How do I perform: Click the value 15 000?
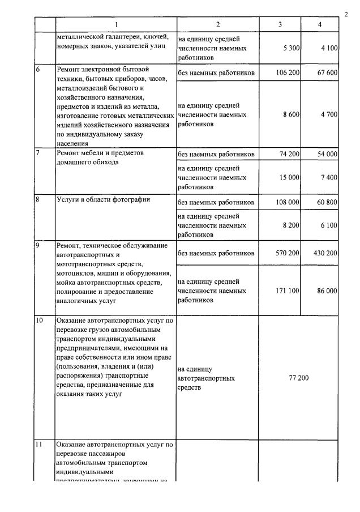coord(289,178)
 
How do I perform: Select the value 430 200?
coord(324,253)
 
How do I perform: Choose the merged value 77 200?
coord(298,377)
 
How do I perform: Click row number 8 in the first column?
coord(37,199)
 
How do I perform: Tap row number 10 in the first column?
coord(39,321)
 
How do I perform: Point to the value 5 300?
coord(291,48)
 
